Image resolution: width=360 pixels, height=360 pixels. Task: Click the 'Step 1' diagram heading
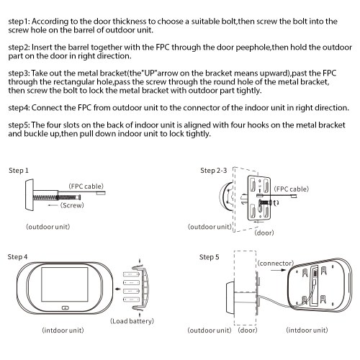[19, 171]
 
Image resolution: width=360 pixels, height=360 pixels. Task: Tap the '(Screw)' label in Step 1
[72, 205]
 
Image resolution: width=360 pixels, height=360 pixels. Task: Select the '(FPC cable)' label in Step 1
[86, 186]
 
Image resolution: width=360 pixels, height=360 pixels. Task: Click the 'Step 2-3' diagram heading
[214, 171]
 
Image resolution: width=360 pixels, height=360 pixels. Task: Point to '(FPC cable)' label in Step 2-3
[292, 189]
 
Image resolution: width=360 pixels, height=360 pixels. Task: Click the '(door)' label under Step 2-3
[264, 233]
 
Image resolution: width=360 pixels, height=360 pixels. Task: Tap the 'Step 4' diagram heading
[17, 257]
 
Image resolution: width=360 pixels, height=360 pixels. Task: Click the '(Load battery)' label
[132, 321]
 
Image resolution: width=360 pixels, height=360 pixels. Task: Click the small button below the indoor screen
[66, 307]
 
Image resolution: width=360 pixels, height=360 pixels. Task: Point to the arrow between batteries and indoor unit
[117, 289]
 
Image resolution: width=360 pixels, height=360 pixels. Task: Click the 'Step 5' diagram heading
[210, 257]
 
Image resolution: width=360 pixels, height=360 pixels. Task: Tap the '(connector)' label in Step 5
[276, 264]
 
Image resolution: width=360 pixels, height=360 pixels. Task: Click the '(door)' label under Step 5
[248, 330]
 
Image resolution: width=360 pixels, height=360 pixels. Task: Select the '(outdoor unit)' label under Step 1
[48, 227]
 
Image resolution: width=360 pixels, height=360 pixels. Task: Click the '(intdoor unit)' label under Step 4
[63, 330]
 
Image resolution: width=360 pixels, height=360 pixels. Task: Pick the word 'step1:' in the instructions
[19, 22]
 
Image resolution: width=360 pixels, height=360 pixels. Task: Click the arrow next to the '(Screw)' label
[53, 205]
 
